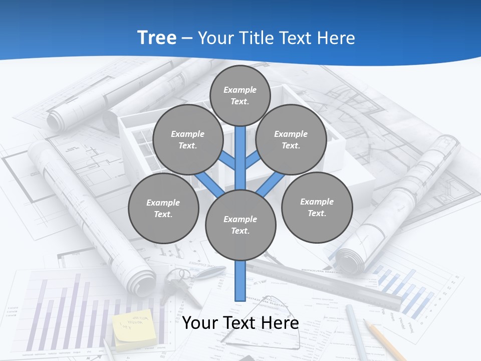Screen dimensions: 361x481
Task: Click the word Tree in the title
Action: pyautogui.click(x=157, y=38)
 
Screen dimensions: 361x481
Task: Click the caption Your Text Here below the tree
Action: pyautogui.click(x=241, y=323)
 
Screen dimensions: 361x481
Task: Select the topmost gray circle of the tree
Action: pyautogui.click(x=240, y=95)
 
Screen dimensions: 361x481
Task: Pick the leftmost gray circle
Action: pyautogui.click(x=163, y=209)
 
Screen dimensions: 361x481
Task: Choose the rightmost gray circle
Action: pyautogui.click(x=317, y=208)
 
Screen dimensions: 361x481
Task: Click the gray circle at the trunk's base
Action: pyautogui.click(x=241, y=225)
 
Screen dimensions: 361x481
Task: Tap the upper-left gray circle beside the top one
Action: pyautogui.click(x=188, y=140)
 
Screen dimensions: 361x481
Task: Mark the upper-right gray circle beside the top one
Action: pyautogui.click(x=291, y=140)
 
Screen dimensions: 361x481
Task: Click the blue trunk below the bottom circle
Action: pyautogui.click(x=241, y=281)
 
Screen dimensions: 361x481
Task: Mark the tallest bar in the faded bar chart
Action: pyautogui.click(x=77, y=311)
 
